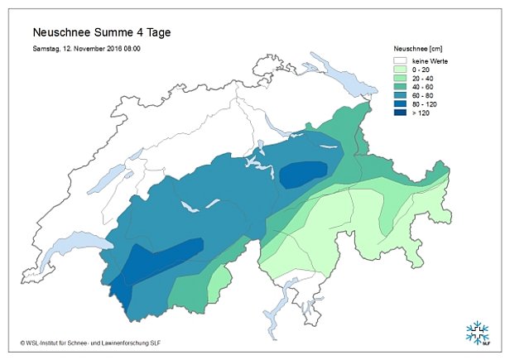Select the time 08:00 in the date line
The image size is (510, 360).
pos(129,49)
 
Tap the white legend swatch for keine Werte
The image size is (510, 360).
pos(401,61)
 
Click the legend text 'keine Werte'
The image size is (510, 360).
pos(430,61)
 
